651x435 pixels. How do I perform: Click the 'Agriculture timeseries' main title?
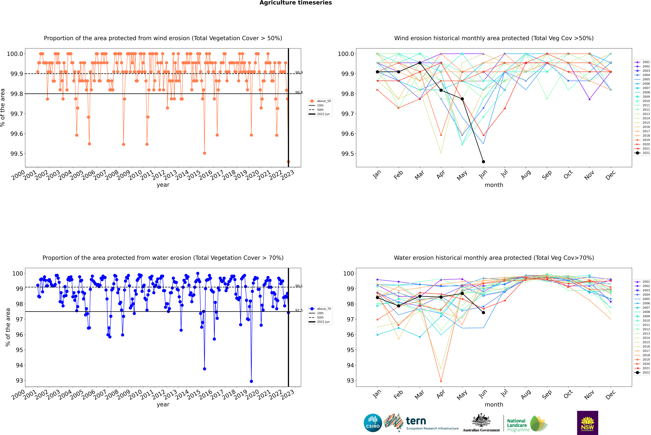[296, 3]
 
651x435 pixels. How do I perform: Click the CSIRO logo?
[373, 423]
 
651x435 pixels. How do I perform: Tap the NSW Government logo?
[587, 423]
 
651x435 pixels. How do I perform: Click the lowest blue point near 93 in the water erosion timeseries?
[251, 381]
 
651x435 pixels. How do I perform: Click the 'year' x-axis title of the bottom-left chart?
[163, 404]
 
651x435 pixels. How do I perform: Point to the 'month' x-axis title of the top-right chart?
[494, 185]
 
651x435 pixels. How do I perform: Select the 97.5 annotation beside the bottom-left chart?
[299, 310]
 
